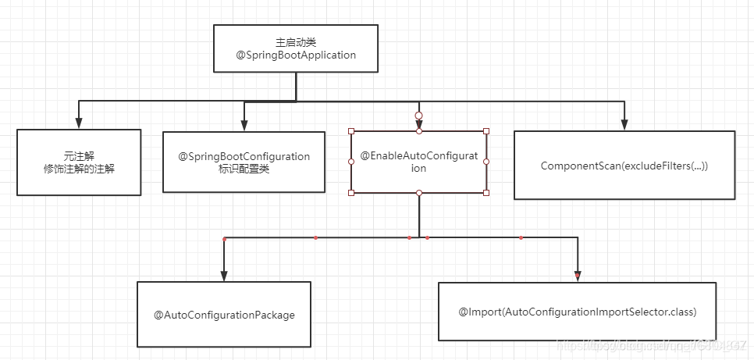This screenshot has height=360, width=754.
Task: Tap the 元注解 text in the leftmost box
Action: click(x=78, y=155)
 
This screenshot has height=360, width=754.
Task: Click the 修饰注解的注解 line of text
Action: click(x=78, y=169)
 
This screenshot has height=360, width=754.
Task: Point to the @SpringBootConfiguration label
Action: click(x=244, y=156)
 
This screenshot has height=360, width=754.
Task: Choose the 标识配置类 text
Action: click(x=244, y=169)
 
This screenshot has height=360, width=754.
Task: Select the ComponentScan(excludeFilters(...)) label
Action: click(x=624, y=166)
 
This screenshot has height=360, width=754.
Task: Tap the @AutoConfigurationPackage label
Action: click(x=224, y=315)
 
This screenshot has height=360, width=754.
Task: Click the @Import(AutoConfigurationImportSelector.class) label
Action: click(x=577, y=312)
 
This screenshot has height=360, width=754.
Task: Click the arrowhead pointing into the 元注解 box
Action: click(x=78, y=123)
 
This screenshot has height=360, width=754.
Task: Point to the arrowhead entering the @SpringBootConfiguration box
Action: click(x=244, y=125)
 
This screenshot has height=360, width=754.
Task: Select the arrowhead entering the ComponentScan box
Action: click(x=624, y=125)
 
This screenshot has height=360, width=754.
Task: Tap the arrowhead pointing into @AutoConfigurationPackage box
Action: click(x=224, y=275)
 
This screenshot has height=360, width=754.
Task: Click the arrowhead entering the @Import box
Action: click(x=577, y=276)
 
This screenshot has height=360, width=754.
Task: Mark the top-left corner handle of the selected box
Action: click(x=351, y=131)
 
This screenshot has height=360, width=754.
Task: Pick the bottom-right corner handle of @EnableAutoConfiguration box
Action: click(x=486, y=192)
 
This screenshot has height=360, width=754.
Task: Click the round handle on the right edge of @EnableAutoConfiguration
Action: click(x=486, y=162)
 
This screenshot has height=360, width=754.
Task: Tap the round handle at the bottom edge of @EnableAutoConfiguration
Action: click(x=419, y=192)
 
